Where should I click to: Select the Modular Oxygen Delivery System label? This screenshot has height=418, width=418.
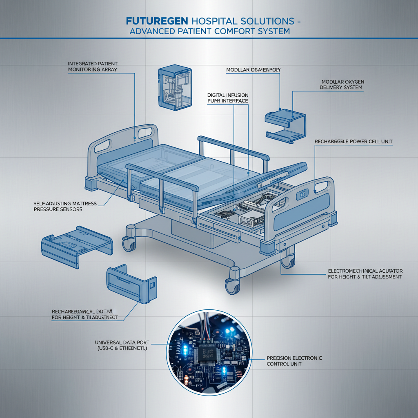(341, 84)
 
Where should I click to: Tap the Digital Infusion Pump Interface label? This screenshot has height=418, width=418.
(227, 98)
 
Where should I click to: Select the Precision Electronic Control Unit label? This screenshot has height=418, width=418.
(294, 360)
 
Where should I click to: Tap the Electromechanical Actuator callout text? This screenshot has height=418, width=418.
(365, 274)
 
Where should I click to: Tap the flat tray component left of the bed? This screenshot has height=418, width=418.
(76, 247)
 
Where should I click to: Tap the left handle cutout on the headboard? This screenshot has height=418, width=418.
(103, 146)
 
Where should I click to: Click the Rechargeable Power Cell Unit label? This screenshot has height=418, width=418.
(354, 141)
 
